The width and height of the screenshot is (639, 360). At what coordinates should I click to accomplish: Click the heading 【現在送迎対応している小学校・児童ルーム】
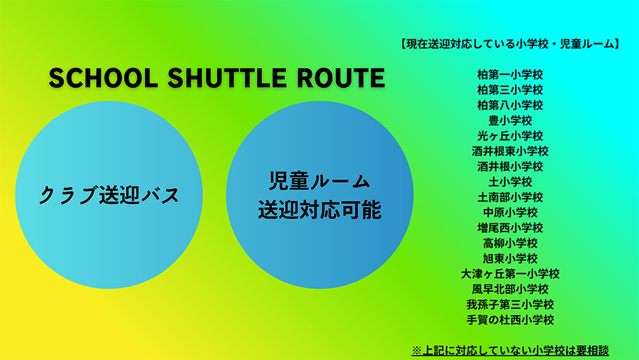point(509,45)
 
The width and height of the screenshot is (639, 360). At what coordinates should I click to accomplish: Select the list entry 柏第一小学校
point(510,74)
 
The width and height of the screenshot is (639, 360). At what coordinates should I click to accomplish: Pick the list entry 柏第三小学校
point(510,90)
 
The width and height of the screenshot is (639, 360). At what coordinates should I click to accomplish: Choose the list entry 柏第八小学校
point(510,105)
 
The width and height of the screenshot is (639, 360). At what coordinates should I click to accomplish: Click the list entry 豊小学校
point(510,120)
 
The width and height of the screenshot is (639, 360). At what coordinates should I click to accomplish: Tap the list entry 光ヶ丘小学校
point(510,136)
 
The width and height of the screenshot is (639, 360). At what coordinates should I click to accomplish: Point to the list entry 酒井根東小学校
point(510,151)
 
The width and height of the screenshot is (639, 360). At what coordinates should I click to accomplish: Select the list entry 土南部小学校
point(510,197)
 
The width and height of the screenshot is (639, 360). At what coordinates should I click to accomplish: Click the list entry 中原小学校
point(510,212)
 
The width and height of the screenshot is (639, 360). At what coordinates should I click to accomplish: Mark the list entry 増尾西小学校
point(510,228)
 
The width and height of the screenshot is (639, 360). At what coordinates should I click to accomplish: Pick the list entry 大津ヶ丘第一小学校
point(510,274)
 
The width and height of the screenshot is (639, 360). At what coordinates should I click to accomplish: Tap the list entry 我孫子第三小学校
point(510,304)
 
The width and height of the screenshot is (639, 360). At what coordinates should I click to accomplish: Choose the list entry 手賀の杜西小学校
point(510,320)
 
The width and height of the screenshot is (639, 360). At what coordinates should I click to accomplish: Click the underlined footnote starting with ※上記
point(510,350)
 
